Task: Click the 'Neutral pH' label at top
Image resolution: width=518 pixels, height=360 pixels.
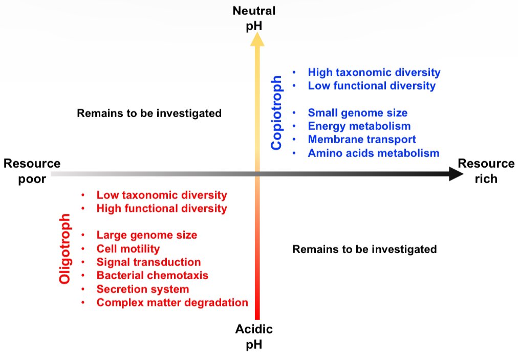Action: click(254, 18)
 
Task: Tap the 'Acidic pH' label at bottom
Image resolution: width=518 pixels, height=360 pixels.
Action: click(254, 336)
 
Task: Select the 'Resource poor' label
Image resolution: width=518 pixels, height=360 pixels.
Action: click(32, 171)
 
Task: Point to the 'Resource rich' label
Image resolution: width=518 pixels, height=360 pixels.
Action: click(486, 171)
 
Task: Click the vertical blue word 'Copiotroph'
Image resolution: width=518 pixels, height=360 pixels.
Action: click(276, 113)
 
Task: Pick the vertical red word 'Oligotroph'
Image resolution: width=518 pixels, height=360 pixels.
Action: click(64, 250)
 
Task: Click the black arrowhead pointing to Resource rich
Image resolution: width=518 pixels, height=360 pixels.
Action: click(454, 174)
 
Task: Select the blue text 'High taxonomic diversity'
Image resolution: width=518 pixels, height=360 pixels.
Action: click(374, 73)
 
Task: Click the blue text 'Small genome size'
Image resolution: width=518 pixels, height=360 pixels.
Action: click(357, 112)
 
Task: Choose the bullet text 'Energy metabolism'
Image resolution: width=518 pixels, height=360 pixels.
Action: click(359, 126)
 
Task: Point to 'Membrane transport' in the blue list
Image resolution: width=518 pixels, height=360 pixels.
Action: click(361, 139)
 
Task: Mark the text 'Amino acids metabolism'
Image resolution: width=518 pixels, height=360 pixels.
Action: click(373, 152)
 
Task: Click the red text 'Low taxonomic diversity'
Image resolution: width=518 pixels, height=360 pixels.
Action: click(161, 195)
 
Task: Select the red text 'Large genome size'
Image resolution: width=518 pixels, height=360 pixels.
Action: click(146, 235)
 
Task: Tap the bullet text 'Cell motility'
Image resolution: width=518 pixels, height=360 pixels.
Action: click(128, 249)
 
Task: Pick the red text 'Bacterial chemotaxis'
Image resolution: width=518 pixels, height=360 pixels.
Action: click(152, 275)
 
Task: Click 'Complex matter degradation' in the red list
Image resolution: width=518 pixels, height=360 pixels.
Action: click(172, 302)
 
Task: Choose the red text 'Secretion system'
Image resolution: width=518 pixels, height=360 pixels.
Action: click(142, 289)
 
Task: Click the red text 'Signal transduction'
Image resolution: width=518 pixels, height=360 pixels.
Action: click(148, 262)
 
